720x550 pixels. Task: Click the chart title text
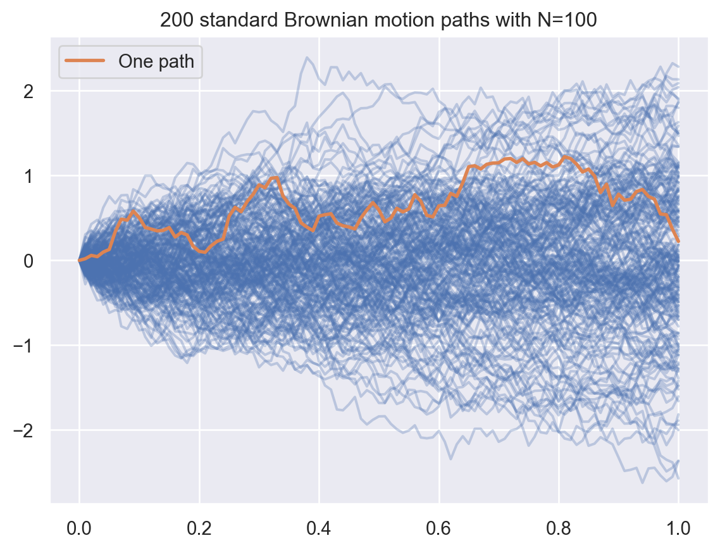378,20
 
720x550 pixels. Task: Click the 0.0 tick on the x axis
79,527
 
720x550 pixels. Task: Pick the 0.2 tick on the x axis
199,527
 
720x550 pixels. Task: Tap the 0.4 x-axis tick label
319,527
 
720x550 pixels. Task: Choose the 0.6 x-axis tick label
439,527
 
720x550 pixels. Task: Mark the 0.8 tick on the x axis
559,527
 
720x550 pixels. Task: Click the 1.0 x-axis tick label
678,527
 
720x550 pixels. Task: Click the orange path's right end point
678,241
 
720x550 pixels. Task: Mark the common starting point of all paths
79,260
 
